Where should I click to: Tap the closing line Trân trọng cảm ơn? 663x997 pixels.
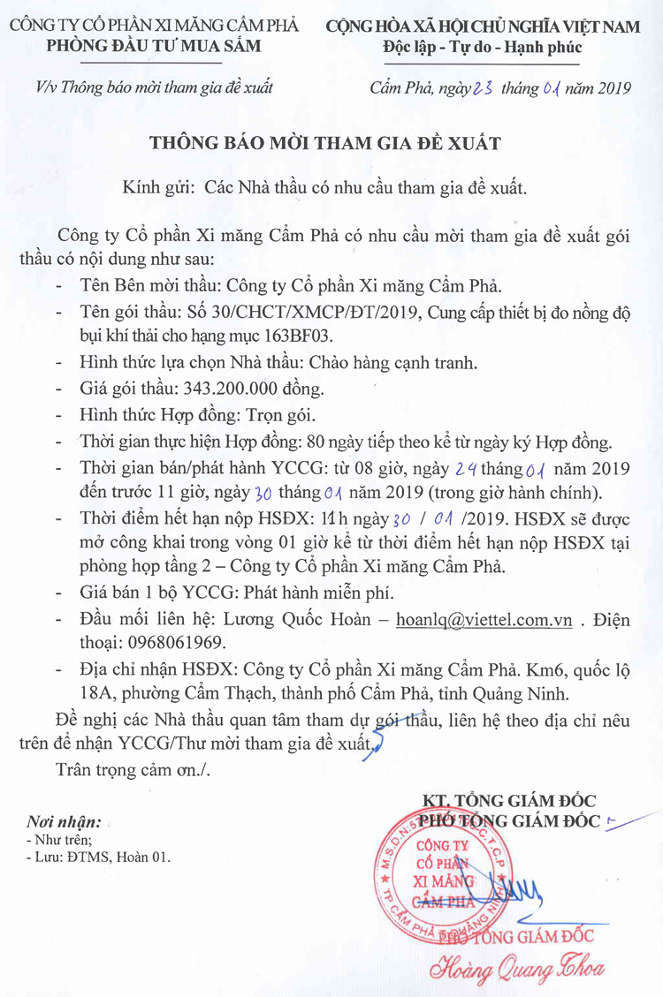(x=133, y=768)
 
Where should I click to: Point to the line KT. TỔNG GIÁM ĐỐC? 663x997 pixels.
(x=508, y=801)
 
